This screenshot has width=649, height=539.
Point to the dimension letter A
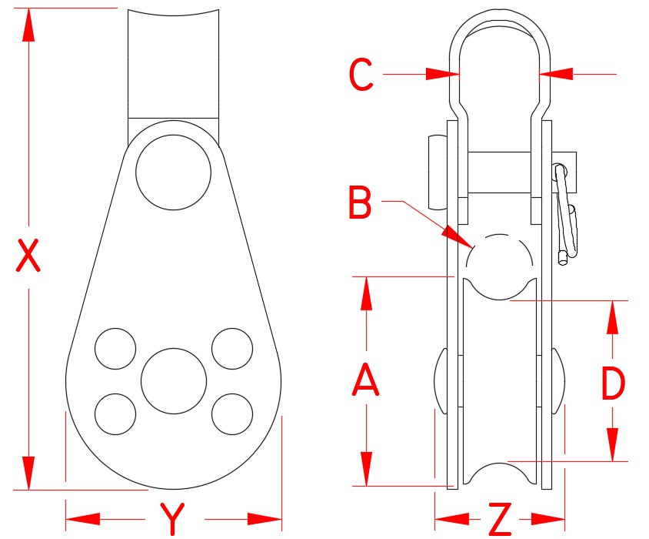click(x=366, y=381)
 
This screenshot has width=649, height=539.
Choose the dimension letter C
click(x=361, y=75)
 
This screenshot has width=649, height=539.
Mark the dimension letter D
click(x=613, y=383)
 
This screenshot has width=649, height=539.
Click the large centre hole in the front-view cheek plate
click(x=174, y=380)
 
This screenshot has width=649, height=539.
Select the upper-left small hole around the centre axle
click(x=115, y=348)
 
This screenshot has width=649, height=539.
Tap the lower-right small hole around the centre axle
click(x=232, y=413)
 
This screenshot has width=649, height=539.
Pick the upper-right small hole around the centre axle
click(x=232, y=348)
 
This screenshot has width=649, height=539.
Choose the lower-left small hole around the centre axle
click(x=115, y=413)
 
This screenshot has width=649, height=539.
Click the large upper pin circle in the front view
click(x=173, y=172)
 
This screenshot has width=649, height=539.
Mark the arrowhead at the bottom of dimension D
click(x=613, y=446)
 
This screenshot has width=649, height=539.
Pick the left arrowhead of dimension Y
click(x=81, y=517)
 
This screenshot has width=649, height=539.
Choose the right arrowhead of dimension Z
click(x=552, y=517)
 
